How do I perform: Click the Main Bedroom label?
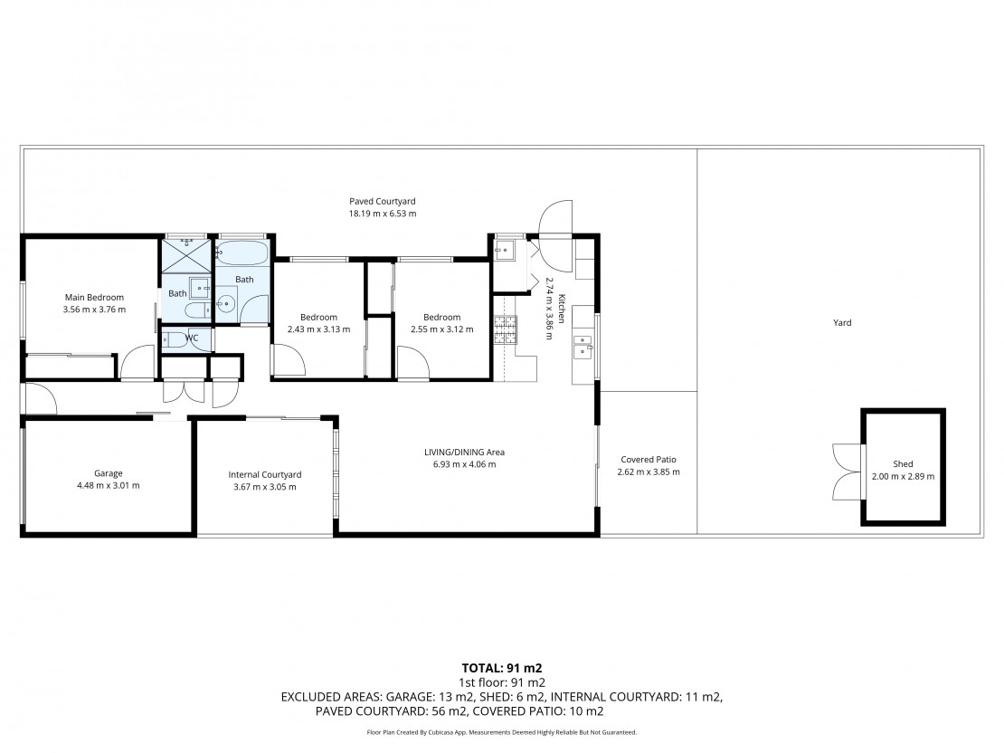coord(94,298)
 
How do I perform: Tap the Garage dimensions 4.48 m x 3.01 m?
coord(109,485)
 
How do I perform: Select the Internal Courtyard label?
coord(265,475)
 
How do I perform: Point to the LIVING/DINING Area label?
coord(464,453)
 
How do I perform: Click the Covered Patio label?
coord(649,460)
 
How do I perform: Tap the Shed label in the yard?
coord(903,464)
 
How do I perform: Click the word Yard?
coord(842,323)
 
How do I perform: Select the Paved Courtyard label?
coord(383,202)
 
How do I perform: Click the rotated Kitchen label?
coord(562,309)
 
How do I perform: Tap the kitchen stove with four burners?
coord(506,330)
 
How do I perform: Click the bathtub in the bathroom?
coord(242,253)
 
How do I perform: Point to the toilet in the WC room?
coord(175,339)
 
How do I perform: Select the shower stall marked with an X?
coord(185,254)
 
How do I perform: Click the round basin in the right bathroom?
coord(225,304)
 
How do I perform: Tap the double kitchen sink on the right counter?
coord(583,347)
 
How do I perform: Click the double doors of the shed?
coord(847,472)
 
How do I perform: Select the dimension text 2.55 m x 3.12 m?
coord(441,329)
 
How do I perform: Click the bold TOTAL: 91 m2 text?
coord(502,669)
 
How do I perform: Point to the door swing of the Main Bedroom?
coord(137,362)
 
